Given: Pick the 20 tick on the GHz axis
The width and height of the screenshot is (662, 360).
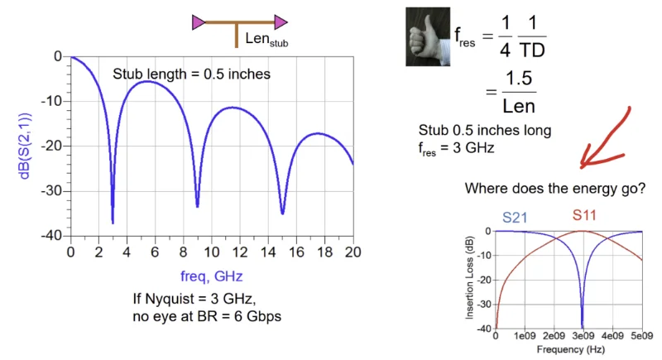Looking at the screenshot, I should click(x=353, y=251).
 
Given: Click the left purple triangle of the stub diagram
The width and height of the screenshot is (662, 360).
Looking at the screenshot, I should click(x=199, y=23).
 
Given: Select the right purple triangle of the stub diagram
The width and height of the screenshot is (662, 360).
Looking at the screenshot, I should click(x=282, y=23).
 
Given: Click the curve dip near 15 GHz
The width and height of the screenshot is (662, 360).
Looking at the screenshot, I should click(x=282, y=212).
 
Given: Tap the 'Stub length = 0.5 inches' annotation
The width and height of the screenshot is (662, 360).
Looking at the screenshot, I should click(x=192, y=74).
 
